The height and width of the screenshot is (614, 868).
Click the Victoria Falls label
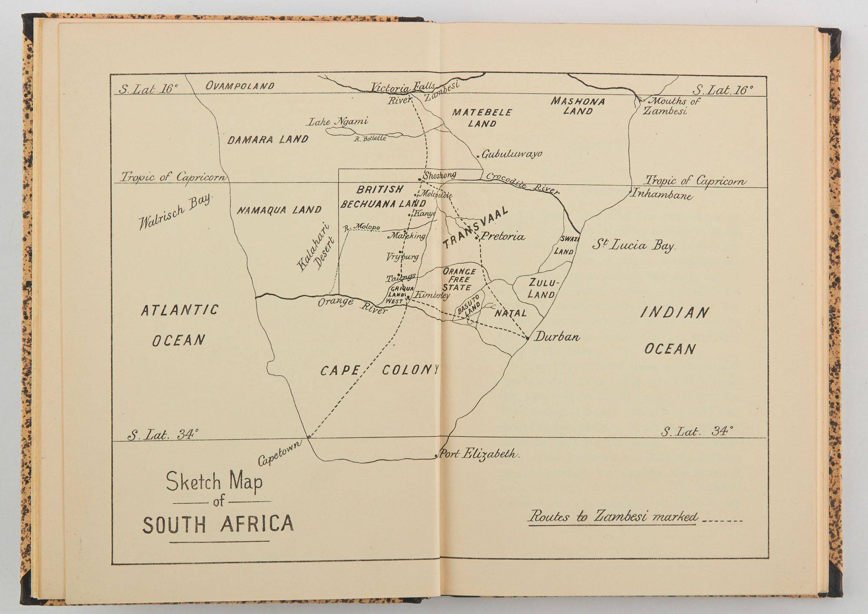point(402,88)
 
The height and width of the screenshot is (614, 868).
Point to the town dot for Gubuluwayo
point(478,156)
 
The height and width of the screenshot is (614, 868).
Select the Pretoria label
point(503,237)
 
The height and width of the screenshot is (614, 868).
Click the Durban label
point(556,337)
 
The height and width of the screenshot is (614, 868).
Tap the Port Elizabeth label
point(479,454)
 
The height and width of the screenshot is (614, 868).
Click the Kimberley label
point(432,295)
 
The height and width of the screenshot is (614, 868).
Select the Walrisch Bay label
point(175,211)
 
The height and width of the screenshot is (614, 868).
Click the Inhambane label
point(662,194)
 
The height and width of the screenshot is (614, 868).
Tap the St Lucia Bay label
point(634,246)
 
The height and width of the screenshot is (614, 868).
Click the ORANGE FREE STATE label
point(459,279)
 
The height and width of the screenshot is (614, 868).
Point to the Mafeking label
point(407,236)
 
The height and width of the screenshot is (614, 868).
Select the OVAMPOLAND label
point(240,86)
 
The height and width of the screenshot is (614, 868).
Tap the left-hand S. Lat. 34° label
point(163,435)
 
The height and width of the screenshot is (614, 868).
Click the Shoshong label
point(439,175)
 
